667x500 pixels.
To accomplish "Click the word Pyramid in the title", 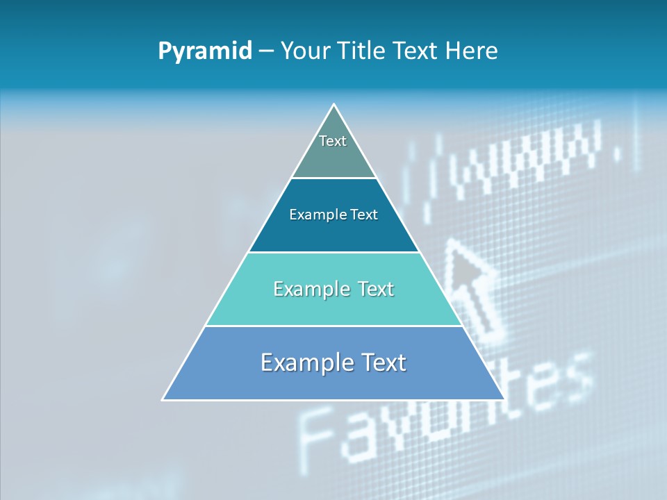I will (205, 51).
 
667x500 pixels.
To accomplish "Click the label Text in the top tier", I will (333, 141).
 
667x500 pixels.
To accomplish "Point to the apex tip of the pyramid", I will (333, 105).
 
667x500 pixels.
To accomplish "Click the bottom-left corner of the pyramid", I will (163, 399).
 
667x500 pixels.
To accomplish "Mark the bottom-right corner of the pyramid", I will (504, 399).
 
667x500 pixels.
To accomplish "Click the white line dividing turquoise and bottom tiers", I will (333, 326).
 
